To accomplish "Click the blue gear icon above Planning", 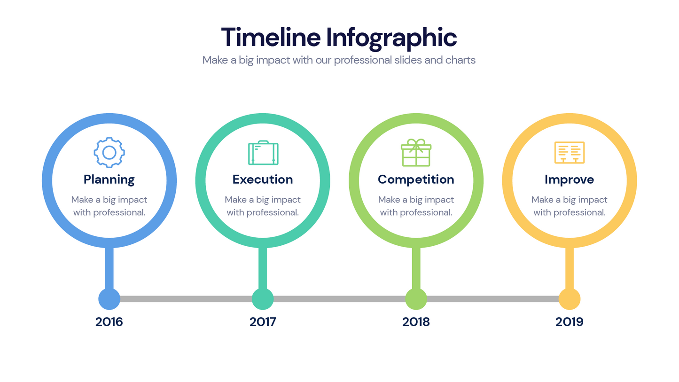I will pyautogui.click(x=109, y=152).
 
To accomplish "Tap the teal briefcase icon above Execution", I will pyautogui.click(x=263, y=153).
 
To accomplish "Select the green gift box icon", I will pyautogui.click(x=416, y=153).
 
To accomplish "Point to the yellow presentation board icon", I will pyautogui.click(x=570, y=153).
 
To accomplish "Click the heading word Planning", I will pyautogui.click(x=109, y=179).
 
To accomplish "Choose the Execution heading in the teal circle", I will pyautogui.click(x=263, y=179).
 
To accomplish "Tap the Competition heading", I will pyautogui.click(x=416, y=179).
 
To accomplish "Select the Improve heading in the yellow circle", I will pyautogui.click(x=569, y=179).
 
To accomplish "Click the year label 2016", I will pyautogui.click(x=109, y=322).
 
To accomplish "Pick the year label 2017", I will pyautogui.click(x=263, y=322).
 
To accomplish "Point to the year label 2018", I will pyautogui.click(x=416, y=322).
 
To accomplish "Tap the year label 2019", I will pyautogui.click(x=569, y=322).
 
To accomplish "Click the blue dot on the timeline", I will pyautogui.click(x=109, y=299).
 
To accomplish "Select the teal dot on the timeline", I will pyautogui.click(x=263, y=299).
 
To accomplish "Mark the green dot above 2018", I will pyautogui.click(x=416, y=299).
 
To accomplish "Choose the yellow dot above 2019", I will pyautogui.click(x=570, y=299).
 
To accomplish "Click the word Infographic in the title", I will pyautogui.click(x=391, y=38).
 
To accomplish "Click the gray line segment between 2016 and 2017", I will pyautogui.click(x=186, y=299).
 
